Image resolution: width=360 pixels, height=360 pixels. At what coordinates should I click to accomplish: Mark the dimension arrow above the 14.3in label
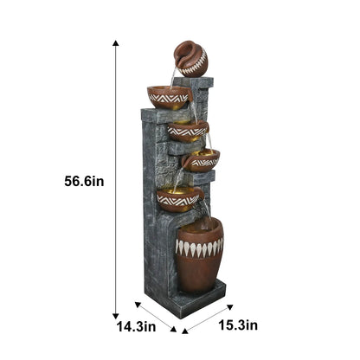[156, 317]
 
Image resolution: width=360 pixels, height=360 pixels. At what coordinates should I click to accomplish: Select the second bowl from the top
[188, 131]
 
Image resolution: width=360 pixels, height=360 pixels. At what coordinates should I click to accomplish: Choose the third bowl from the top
[202, 159]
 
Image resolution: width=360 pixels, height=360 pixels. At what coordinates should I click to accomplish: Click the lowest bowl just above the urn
[178, 198]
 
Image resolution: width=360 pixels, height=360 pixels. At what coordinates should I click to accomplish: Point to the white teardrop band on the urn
[199, 247]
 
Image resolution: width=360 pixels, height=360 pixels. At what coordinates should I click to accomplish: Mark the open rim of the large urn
[199, 226]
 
